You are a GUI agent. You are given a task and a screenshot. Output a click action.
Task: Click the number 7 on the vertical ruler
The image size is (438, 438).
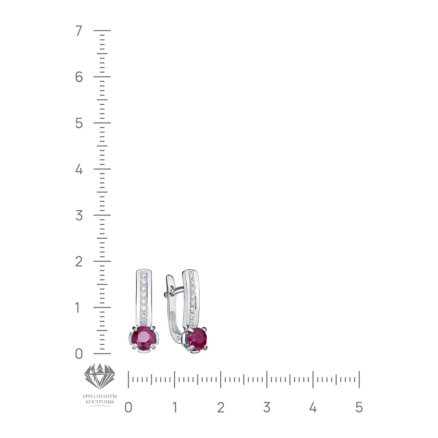79,31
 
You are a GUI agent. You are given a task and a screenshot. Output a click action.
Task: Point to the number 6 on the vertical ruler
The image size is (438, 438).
79,77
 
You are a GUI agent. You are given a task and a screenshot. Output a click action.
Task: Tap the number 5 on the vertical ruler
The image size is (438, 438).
79,123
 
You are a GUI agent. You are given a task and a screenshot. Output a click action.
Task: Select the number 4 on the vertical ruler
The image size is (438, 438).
79,169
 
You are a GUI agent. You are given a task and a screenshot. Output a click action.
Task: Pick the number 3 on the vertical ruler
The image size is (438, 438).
79,215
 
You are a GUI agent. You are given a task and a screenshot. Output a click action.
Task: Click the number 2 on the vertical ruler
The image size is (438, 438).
79,261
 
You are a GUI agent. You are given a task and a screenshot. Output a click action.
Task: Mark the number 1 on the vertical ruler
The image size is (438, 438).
78,307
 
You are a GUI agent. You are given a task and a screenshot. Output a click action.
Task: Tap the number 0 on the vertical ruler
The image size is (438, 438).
79,353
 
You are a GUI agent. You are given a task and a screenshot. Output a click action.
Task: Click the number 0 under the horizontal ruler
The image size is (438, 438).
128,407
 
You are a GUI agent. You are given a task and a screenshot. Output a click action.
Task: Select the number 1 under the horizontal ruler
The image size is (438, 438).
175,407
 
